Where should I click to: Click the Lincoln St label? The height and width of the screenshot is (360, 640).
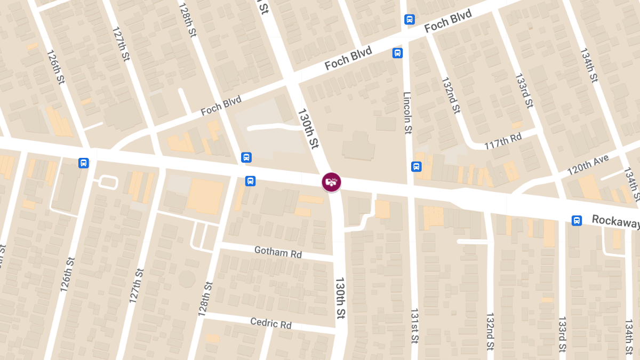coord(407,113)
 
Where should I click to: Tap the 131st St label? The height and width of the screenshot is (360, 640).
coord(414,325)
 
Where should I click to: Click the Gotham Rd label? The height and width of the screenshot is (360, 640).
coord(278,252)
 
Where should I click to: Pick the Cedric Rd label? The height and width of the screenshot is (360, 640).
coord(271,323)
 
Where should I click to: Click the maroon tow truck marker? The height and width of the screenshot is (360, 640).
coord(331,182)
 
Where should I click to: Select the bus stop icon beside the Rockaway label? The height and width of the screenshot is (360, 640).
coord(577,220)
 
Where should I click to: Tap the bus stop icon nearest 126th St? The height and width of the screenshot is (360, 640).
coord(83,163)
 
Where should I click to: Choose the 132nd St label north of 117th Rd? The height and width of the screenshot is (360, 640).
coord(451,95)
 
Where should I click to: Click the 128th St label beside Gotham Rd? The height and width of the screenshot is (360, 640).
coord(205,299)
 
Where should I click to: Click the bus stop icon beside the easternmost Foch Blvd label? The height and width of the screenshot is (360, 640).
coord(409,19)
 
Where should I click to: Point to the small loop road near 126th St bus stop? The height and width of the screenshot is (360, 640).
coord(108,182)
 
